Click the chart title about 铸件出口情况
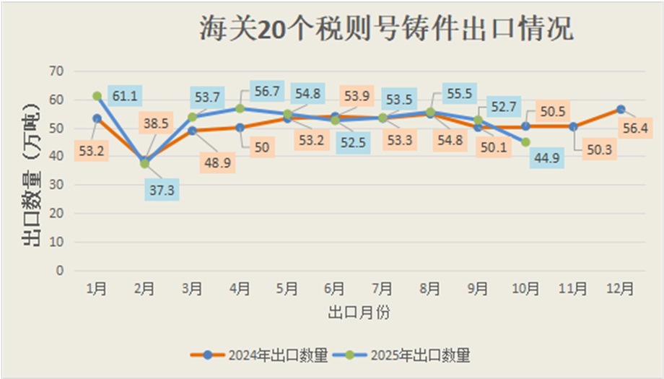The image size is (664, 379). click(x=386, y=30)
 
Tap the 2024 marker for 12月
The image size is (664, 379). click(x=621, y=110)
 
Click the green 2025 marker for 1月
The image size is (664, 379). click(x=97, y=96)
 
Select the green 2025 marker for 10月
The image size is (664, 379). click(x=525, y=142)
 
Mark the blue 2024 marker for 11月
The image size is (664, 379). click(x=573, y=126)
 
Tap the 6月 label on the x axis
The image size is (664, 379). click(x=335, y=289)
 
